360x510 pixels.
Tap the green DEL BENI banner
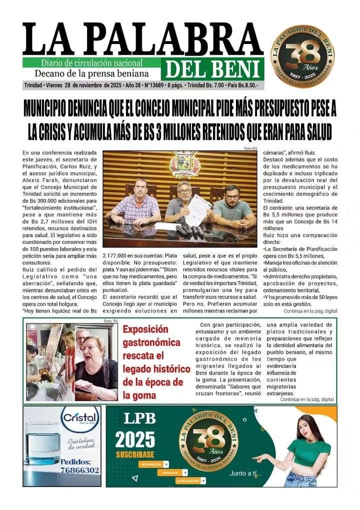click(212, 69)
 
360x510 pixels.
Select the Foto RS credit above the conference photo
click(250, 148)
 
